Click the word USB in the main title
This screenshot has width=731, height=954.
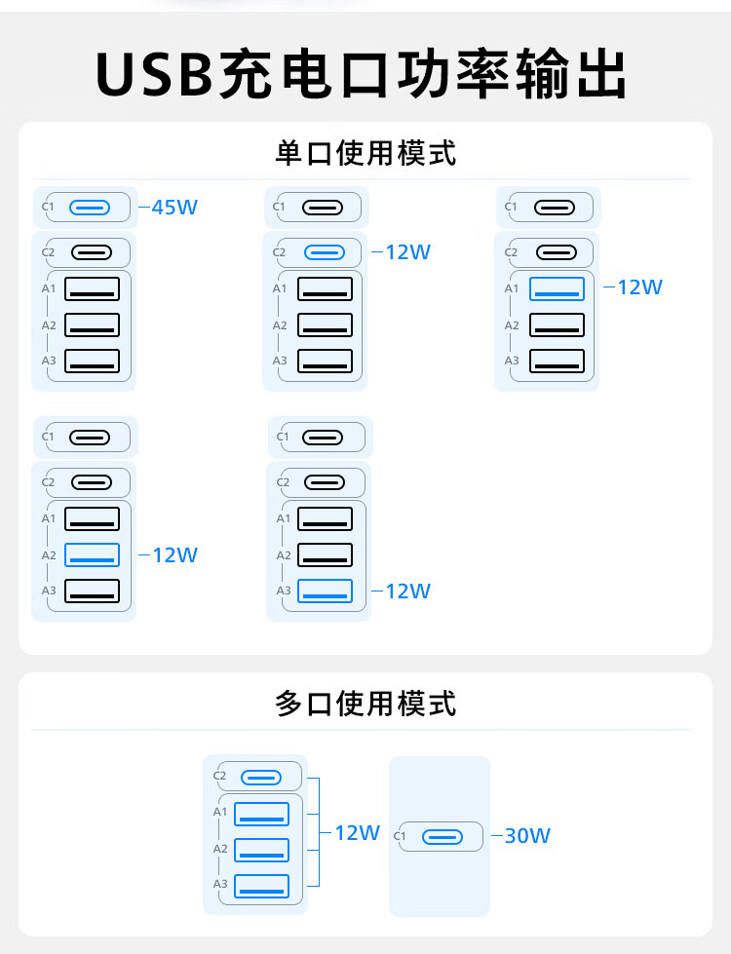(155, 73)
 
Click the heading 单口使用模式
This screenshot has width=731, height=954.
(365, 153)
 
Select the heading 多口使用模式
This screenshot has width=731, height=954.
(365, 703)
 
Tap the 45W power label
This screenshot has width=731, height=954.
(174, 207)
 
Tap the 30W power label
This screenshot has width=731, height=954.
(527, 836)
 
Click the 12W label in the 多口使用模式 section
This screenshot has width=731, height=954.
(357, 833)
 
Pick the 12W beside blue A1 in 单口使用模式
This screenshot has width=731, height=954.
(639, 287)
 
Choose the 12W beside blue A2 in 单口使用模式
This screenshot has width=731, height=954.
(174, 555)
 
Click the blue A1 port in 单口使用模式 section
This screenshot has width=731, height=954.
(557, 288)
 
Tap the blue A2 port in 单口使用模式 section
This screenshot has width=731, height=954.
(92, 555)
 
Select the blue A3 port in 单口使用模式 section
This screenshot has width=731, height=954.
(325, 591)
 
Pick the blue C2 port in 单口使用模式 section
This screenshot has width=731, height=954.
(325, 252)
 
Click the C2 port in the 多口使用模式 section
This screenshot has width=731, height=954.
(261, 777)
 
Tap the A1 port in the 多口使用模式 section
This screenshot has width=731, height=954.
(261, 813)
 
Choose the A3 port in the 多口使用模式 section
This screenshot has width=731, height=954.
(261, 886)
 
